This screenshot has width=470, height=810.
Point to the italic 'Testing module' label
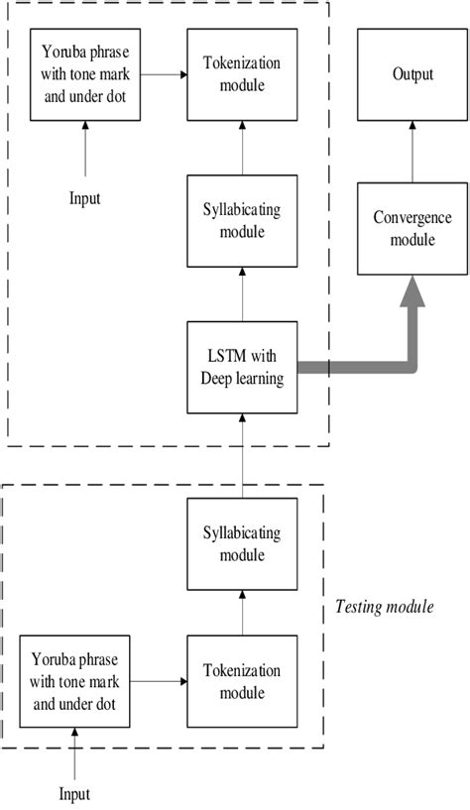[384, 606]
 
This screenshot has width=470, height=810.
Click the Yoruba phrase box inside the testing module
[76, 683]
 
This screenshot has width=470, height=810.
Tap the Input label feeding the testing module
[76, 793]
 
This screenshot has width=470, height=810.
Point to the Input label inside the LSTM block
[84, 198]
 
